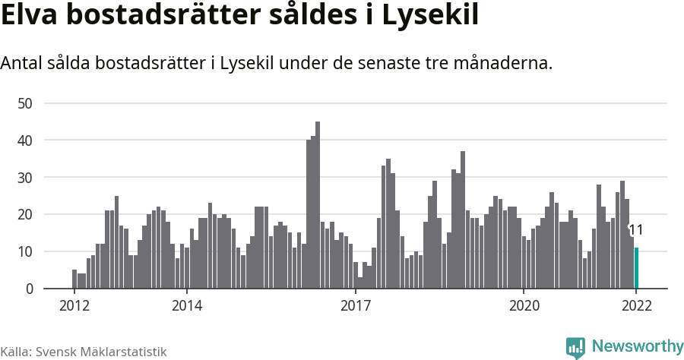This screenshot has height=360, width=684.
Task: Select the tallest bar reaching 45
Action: click(318, 205)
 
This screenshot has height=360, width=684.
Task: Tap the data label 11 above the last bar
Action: click(636, 230)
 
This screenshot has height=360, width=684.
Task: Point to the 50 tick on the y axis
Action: click(27, 103)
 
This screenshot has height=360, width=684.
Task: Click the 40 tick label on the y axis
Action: click(27, 141)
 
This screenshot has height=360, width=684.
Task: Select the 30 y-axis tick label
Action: click(27, 178)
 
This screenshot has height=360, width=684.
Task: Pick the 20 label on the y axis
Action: click(27, 215)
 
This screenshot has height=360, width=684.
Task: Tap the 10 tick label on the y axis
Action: click(27, 252)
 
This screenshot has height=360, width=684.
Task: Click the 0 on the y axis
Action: click(30, 289)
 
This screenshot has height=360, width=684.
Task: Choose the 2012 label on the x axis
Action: click(74, 306)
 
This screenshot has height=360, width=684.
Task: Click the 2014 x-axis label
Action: click(187, 306)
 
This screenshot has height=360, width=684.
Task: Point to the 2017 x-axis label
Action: click(355, 306)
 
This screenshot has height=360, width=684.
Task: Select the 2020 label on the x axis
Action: click(524, 306)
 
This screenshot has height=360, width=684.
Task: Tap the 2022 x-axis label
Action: click(636, 306)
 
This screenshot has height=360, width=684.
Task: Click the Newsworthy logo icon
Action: click(575, 348)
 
